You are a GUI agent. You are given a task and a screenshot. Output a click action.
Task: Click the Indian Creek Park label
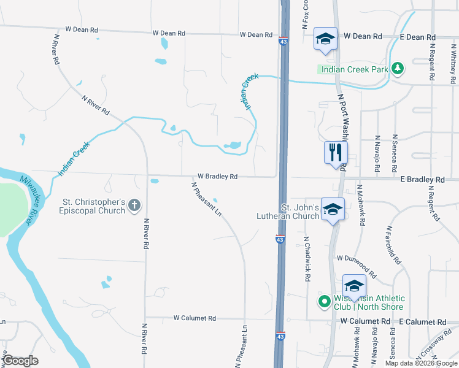(354, 69)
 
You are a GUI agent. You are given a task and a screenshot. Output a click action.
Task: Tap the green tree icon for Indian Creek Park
(398, 67)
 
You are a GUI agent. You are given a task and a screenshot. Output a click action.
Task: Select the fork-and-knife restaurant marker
(336, 153)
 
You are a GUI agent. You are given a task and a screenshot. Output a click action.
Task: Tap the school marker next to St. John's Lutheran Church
(333, 209)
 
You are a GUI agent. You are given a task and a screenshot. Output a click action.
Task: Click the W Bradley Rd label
(217, 177)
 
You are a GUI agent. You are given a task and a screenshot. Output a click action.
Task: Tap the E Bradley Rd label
(422, 180)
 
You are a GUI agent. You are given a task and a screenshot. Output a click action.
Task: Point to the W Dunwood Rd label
(357, 267)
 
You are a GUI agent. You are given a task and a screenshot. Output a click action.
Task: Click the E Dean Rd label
(417, 37)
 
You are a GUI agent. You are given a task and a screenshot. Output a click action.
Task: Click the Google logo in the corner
(20, 361)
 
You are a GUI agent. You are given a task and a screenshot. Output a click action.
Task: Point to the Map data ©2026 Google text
(420, 363)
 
